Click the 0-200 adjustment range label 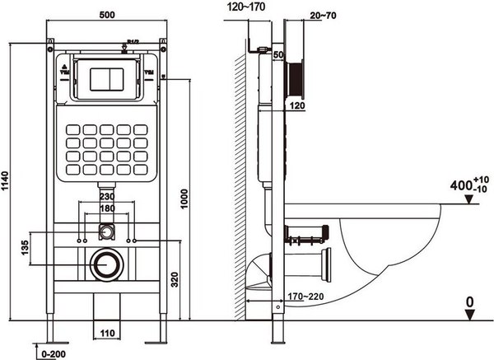click(51, 354)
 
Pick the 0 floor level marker click(469, 302)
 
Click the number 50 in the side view click(277, 54)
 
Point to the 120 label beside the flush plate click(296, 105)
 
